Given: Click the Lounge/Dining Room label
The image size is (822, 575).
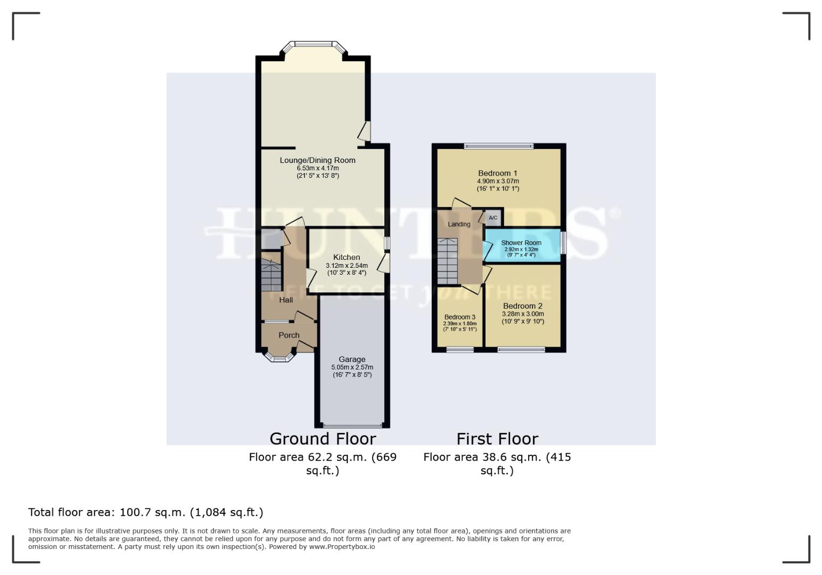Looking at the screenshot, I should click(317, 160).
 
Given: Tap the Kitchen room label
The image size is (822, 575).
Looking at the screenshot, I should click(347, 257).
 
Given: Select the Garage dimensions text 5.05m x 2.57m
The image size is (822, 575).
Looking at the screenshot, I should click(352, 367).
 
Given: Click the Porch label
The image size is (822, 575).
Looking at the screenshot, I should click(289, 335).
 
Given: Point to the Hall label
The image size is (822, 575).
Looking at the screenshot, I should click(286, 300).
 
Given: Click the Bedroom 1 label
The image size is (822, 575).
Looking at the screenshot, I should click(497, 173).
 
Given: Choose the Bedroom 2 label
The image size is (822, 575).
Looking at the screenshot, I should click(522, 306).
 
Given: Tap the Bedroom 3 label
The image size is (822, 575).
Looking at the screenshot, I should click(459, 317).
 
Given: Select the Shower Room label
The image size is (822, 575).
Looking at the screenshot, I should click(521, 243).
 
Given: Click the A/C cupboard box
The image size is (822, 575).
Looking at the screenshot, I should click(493, 218).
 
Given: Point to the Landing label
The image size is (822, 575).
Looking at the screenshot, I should click(458, 224).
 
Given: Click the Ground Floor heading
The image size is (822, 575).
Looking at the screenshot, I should click(323, 439).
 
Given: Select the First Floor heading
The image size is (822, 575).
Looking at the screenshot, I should click(497, 439).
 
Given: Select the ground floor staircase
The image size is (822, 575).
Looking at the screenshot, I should click(271, 275).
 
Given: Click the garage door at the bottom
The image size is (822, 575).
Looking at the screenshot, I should click(352, 425).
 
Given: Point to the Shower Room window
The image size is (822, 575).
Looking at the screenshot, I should click(563, 242).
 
